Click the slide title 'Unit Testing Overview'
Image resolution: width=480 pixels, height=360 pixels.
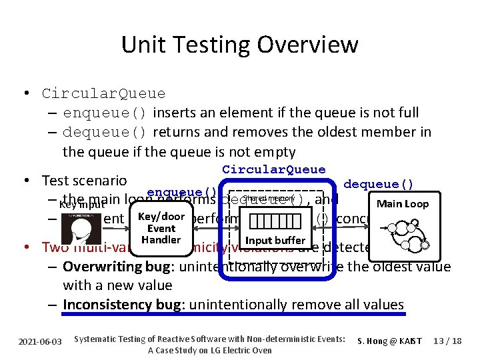click(239, 45)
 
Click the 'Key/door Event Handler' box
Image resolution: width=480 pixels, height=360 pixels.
click(161, 228)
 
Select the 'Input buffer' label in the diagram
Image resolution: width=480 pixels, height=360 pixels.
click(275, 240)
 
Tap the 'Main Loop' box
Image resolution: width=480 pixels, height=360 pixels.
click(402, 204)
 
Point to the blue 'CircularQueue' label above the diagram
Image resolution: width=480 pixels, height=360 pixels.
click(273, 170)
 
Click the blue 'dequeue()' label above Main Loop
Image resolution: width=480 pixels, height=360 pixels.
click(378, 184)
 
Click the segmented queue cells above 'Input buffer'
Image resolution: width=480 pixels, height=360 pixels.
click(274, 220)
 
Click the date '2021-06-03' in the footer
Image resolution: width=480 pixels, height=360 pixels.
click(41, 341)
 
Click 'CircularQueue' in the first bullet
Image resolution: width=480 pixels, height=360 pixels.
click(103, 93)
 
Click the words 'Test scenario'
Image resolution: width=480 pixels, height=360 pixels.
click(84, 180)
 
